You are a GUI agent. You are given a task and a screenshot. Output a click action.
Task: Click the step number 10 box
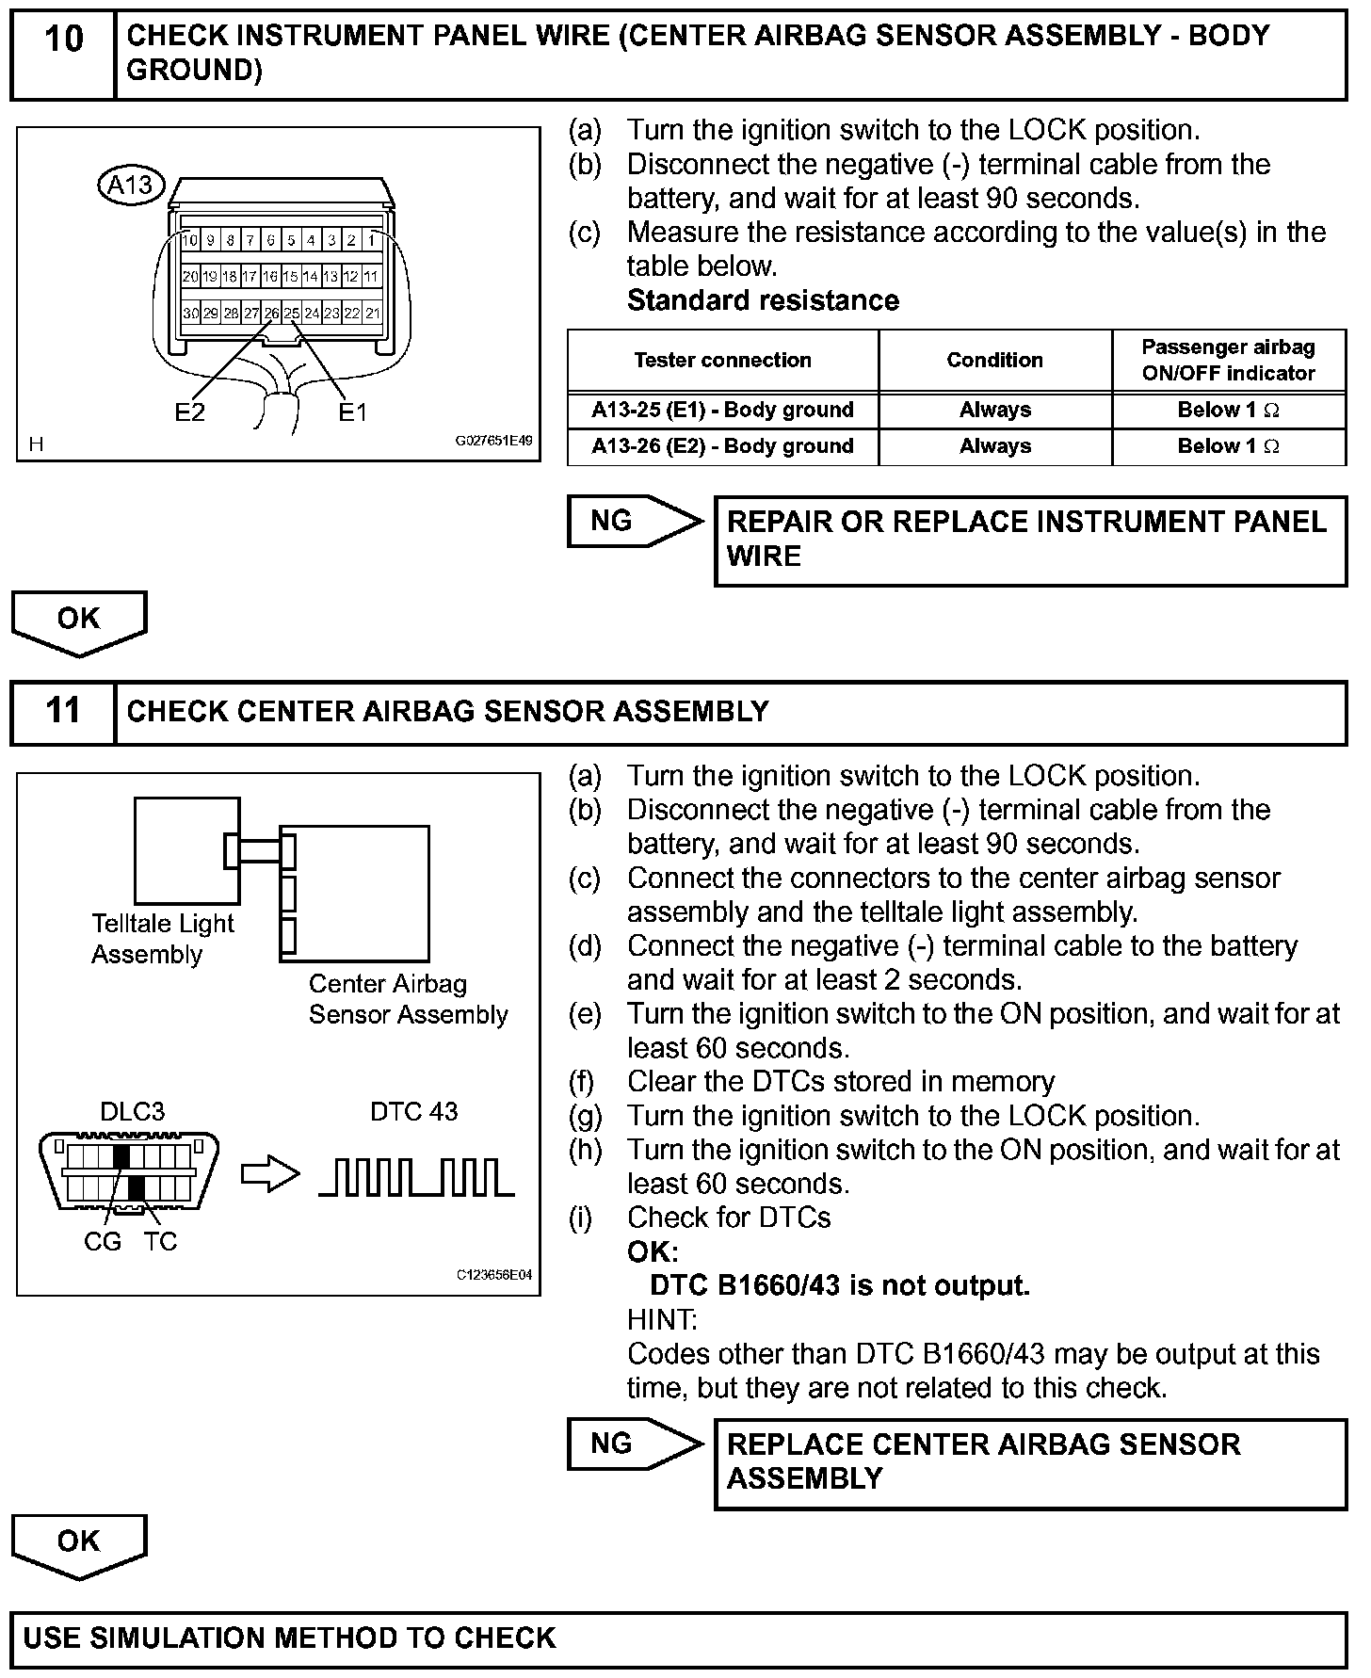(63, 55)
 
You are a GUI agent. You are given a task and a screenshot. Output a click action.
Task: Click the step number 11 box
(63, 711)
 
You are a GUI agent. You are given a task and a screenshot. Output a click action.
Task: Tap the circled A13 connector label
(131, 185)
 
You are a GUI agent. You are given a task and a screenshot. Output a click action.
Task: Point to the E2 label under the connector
(189, 411)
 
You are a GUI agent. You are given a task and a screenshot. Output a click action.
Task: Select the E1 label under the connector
(352, 411)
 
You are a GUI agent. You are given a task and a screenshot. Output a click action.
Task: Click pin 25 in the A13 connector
(292, 313)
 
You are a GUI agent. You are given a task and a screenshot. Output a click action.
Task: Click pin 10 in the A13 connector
(190, 240)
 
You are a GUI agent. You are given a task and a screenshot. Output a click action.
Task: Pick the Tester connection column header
(722, 360)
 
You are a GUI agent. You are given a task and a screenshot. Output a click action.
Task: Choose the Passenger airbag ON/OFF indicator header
(1228, 360)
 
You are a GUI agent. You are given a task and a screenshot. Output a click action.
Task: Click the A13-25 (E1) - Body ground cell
(722, 410)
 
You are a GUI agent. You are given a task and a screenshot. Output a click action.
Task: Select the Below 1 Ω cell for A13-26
(1228, 446)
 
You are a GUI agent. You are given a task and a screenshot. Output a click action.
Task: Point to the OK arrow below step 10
(79, 621)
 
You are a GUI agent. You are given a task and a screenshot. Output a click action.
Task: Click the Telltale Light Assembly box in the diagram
(186, 850)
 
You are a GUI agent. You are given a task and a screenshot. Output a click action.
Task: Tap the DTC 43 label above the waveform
(413, 1111)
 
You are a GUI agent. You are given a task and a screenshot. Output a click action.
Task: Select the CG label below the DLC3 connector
(103, 1241)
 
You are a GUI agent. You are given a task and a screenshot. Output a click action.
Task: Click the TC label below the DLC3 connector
(160, 1241)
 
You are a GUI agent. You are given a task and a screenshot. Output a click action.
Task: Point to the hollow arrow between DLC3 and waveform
(270, 1174)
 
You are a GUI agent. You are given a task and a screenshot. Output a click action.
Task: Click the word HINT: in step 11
(662, 1319)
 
